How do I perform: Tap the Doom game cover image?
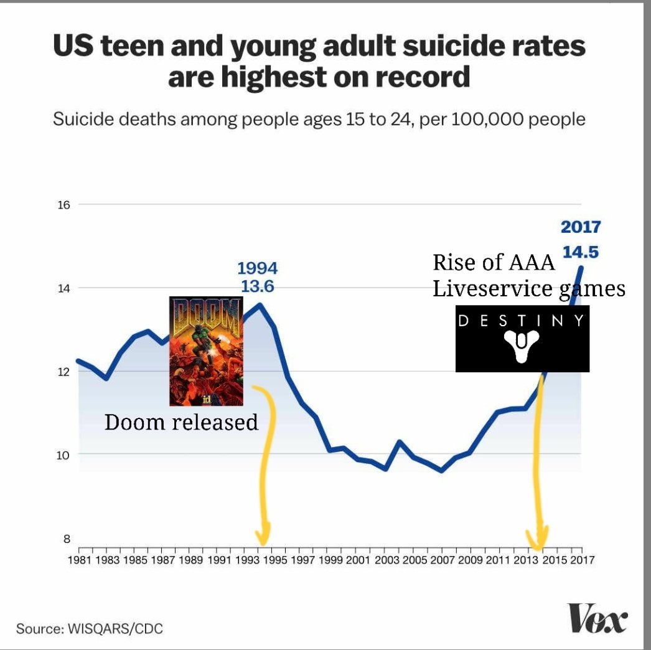point(206,351)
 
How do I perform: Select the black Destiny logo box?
point(522,339)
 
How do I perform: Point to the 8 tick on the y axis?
point(67,539)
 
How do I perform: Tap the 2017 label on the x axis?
point(581,559)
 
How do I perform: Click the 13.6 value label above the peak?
point(257,287)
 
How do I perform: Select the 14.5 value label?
point(581,252)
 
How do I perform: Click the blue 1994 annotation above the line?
point(257,268)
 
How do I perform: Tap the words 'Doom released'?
point(181,422)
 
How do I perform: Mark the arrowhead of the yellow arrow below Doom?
point(263,534)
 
